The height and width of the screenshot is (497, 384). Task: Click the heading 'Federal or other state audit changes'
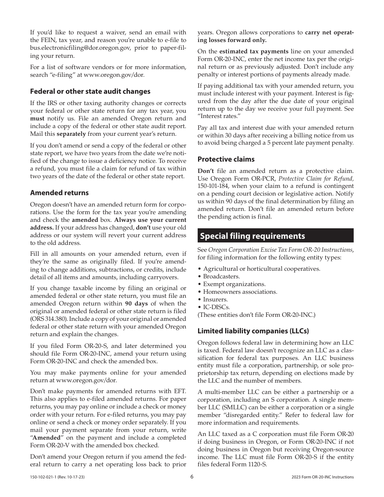pyautogui.click(x=90, y=91)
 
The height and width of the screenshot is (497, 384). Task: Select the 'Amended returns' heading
pyautogui.click(x=59, y=193)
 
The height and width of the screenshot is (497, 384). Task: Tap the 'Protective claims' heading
pyautogui.click(x=226, y=159)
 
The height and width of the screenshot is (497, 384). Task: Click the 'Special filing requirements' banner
pyautogui.click(x=275, y=236)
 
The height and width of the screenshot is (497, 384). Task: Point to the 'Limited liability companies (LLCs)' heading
pyautogui.click(x=253, y=331)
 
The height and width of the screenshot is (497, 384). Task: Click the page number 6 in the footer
pyautogui.click(x=192, y=476)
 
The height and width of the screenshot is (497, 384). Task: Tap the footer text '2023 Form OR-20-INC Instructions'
pyautogui.click(x=322, y=477)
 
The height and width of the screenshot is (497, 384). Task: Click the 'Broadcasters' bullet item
pyautogui.click(x=221, y=276)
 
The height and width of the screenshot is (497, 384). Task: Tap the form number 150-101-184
pyautogui.click(x=213, y=186)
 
